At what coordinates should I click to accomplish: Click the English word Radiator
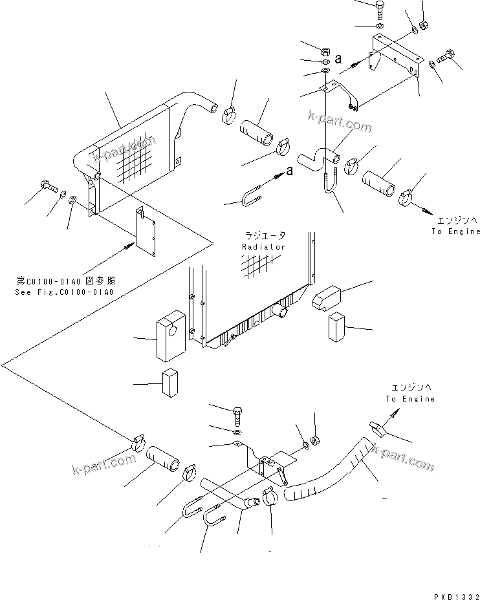click(263, 247)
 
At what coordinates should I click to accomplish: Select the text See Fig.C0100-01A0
click(64, 292)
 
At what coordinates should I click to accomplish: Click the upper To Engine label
click(456, 231)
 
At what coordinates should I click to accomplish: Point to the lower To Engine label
click(410, 399)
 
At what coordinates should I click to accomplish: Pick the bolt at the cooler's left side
click(47, 186)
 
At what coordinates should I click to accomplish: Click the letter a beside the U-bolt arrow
click(289, 171)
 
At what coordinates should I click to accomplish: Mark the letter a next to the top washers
click(338, 60)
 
